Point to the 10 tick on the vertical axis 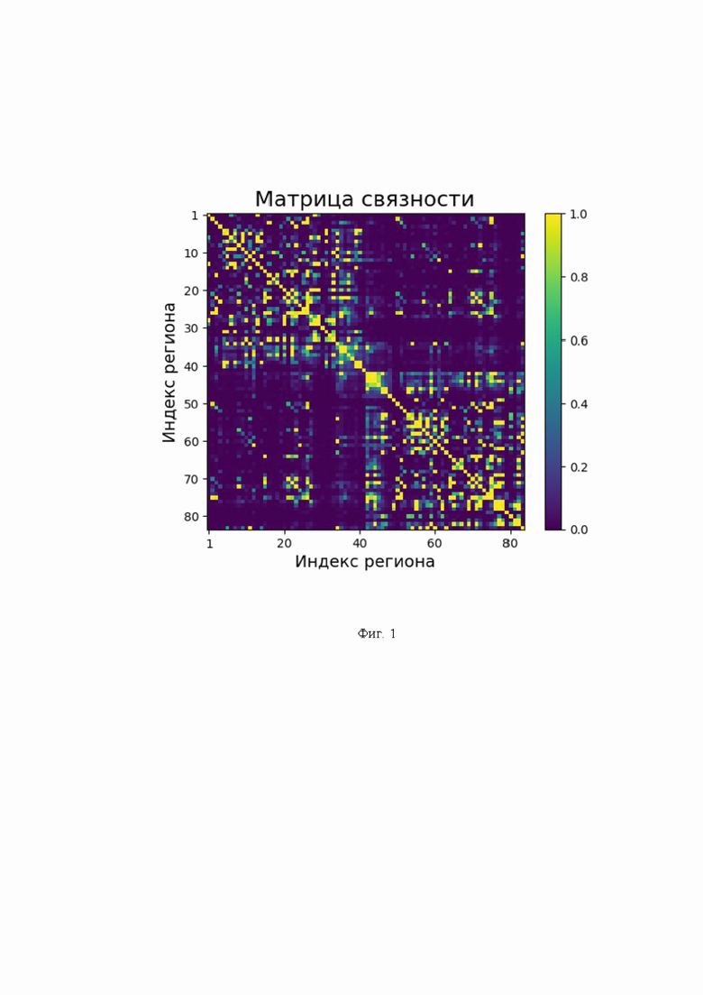[191, 253]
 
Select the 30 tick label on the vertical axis [191, 328]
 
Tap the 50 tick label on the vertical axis [191, 404]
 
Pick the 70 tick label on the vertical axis [191, 479]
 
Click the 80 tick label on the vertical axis [191, 517]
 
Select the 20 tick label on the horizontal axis [284, 544]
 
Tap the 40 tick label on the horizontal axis [360, 544]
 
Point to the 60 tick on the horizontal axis [434, 544]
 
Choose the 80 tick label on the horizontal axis [510, 544]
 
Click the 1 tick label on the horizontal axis [209, 544]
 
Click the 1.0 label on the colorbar [579, 215]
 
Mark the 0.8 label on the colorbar [579, 278]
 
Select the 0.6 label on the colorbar [579, 341]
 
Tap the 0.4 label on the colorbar [579, 404]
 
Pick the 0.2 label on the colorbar [579, 467]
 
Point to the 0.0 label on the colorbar [579, 530]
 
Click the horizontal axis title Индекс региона [365, 563]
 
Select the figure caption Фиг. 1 [377, 634]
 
